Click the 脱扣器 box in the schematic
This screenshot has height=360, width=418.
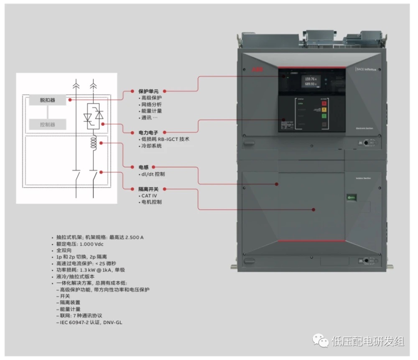pos(47,100)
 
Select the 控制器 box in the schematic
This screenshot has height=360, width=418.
pos(47,124)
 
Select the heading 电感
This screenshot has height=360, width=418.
pos(143,167)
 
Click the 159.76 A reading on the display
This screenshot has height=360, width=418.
pos(310,79)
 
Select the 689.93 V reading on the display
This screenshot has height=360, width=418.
pos(310,84)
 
